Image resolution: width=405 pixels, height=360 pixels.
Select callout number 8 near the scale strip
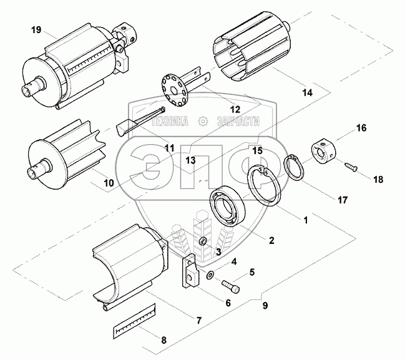[164, 340]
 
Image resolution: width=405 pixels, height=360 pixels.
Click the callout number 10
[109, 183]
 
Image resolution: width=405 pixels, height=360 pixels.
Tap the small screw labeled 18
[349, 165]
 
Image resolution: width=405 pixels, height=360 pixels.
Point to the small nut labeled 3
[202, 241]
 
